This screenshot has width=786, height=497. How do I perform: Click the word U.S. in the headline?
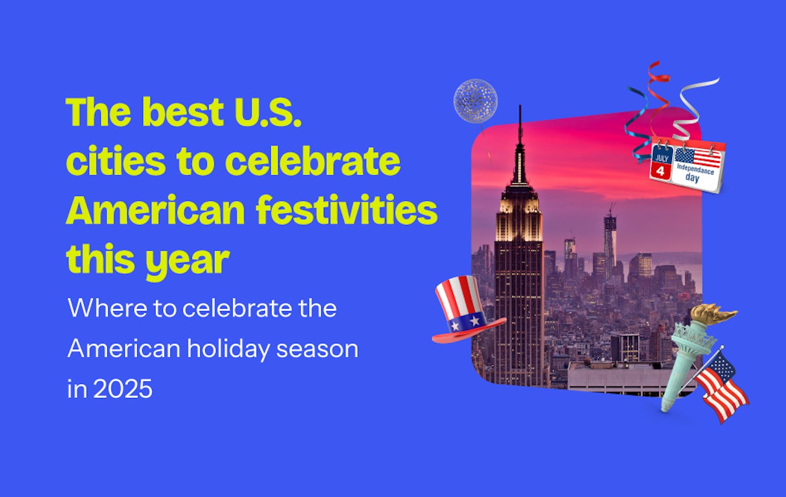268,112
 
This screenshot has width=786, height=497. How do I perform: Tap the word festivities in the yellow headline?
347,209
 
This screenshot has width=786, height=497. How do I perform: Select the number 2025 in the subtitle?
123,389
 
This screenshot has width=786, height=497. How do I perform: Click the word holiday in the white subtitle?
228,349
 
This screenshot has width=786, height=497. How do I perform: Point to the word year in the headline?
188,261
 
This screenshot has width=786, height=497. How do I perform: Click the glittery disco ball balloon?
476,101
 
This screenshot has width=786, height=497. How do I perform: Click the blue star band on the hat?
465,322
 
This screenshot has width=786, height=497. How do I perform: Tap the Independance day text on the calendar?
695,173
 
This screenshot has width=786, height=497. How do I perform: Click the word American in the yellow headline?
155,209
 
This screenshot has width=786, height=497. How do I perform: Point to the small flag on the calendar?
698,157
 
